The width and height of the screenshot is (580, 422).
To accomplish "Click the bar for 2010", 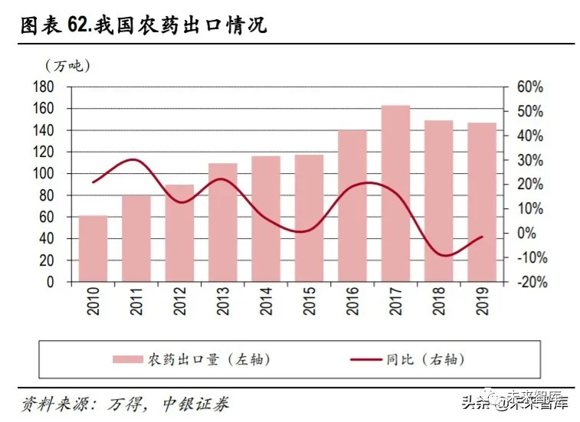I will coord(93,249).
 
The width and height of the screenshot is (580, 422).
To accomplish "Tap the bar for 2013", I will coord(223,222).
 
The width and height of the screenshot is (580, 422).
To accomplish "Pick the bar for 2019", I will coord(482,202).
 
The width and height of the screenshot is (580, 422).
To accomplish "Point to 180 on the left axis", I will coord(44,87).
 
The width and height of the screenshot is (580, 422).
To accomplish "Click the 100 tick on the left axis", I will coord(44,174).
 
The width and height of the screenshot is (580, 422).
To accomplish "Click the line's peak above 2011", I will coord(133,159).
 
